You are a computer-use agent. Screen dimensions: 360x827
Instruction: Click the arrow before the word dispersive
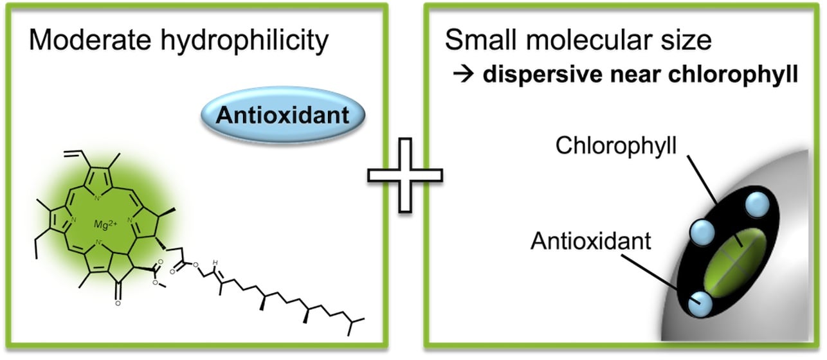(x=464, y=74)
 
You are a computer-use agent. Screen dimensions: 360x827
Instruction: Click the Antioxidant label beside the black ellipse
(x=591, y=242)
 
